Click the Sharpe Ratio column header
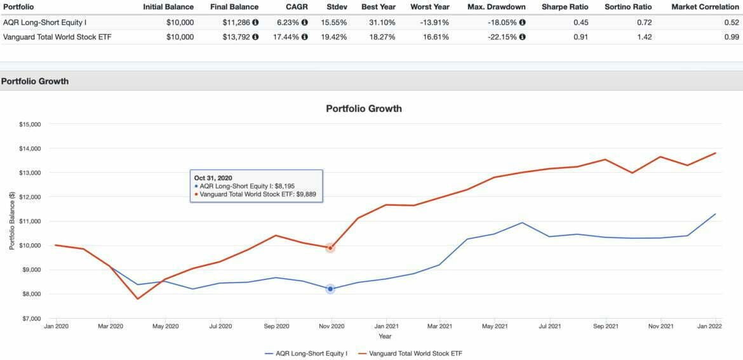565,7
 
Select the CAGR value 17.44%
288,37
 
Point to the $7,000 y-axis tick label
29,318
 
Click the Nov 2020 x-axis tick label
330,326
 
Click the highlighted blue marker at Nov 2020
330,289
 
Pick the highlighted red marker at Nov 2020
330,248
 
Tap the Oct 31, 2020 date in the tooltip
213,178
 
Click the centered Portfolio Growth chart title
364,109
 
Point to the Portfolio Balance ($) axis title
12,222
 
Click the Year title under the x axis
385,337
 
